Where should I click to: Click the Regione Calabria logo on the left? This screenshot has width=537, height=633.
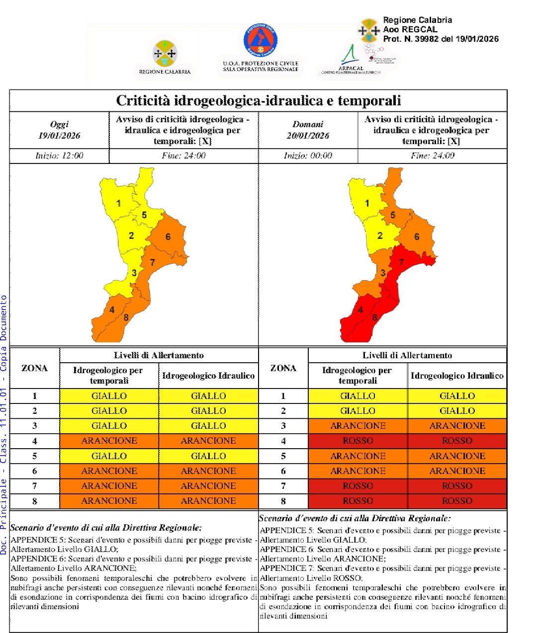(165, 54)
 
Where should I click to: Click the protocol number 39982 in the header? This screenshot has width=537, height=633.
(426, 39)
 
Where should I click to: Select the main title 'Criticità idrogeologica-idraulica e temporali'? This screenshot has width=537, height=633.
(258, 101)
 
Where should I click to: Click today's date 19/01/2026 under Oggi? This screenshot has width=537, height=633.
(59, 136)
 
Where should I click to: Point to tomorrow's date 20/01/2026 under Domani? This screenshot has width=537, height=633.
(308, 136)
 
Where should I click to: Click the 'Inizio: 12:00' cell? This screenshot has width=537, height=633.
(59, 156)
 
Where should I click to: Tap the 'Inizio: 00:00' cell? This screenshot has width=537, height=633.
(308, 156)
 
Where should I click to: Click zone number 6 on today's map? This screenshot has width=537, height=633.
(168, 237)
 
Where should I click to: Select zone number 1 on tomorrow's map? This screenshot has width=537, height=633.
(367, 203)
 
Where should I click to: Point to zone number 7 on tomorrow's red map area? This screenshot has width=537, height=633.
(401, 262)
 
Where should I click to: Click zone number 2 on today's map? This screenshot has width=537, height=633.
(131, 236)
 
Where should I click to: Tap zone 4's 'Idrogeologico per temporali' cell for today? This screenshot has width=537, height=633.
(109, 441)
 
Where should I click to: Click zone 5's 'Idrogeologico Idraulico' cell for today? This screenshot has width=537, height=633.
(208, 456)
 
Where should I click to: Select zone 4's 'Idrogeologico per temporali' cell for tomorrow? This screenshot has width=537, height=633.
(358, 441)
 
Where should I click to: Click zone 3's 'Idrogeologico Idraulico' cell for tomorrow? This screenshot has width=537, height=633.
(457, 426)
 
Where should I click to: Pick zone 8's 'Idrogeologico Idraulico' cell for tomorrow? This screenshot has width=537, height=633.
(457, 501)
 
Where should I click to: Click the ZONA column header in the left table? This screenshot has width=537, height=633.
(34, 368)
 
